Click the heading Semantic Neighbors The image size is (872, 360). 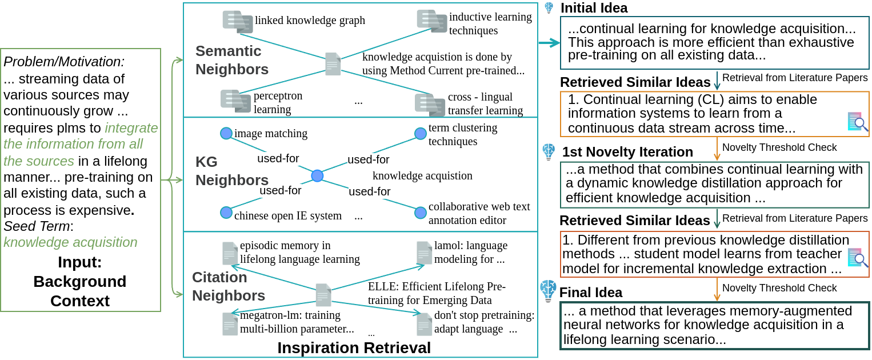232,60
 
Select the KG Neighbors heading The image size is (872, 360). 224,171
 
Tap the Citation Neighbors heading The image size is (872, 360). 229,286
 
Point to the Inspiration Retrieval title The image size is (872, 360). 354,347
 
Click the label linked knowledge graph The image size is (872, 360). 310,21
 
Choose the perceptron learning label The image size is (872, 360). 278,102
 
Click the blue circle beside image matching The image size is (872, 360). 226,133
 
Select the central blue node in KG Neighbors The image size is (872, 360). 317,175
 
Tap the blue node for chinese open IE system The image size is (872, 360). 226,213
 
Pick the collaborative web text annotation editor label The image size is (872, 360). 479,213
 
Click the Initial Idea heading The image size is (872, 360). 594,8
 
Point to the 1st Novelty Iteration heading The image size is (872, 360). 627,152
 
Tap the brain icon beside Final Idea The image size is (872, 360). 548,291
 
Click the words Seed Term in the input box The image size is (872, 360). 37,226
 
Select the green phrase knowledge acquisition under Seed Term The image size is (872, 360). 70,242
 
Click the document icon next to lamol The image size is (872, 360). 424,253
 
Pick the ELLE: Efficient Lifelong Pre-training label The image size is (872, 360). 437,293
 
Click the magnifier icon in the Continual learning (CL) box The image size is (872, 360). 857,122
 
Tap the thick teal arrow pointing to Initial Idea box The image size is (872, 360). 549,43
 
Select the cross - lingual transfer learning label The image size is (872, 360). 485,103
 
